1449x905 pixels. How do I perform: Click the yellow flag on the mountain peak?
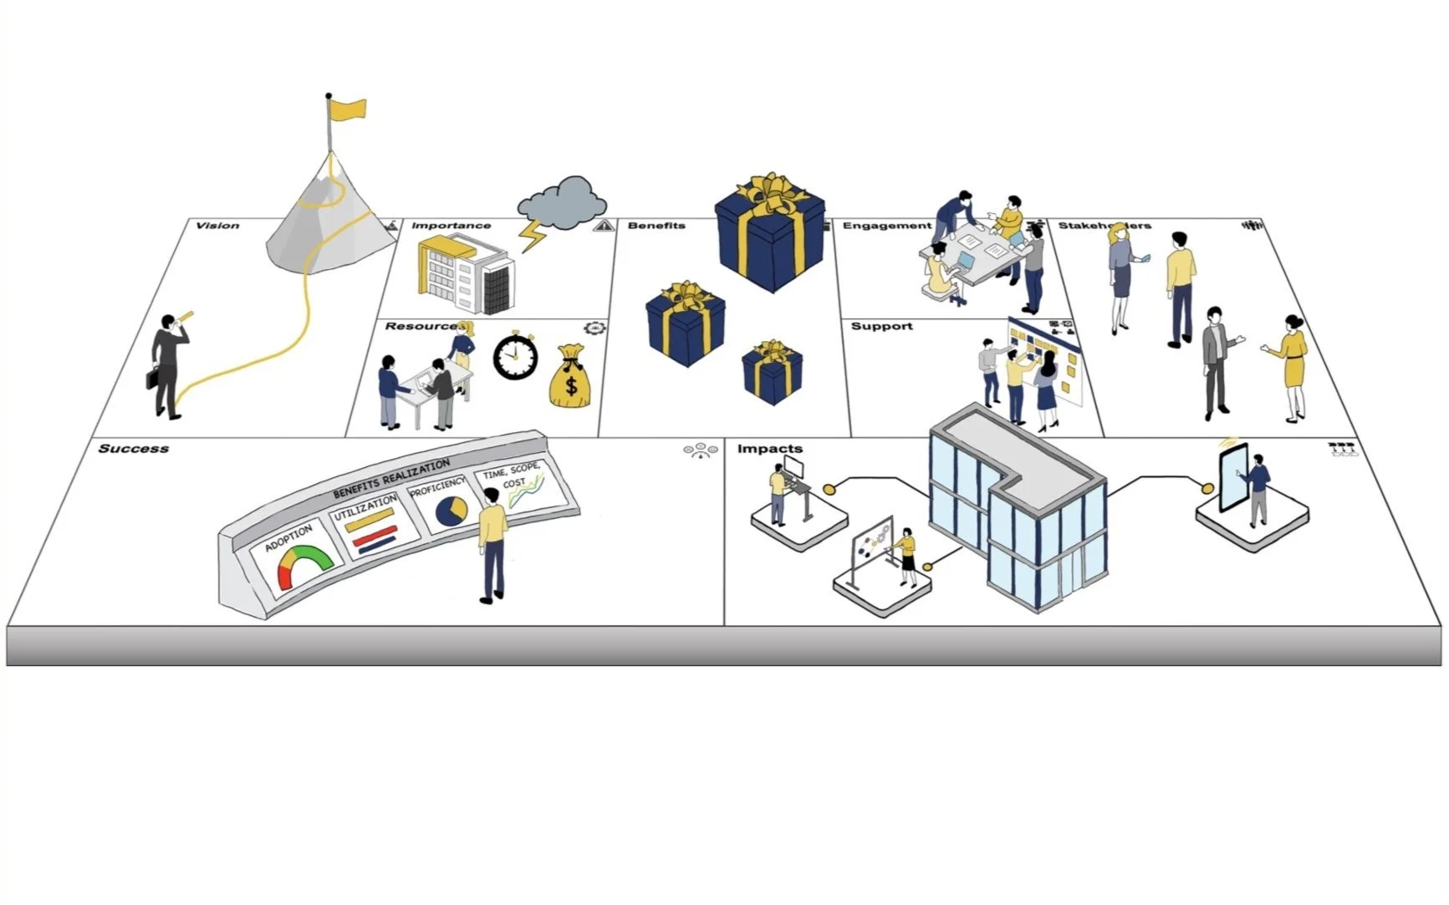(x=348, y=109)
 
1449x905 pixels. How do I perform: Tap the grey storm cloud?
(x=562, y=202)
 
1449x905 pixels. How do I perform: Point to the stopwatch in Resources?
(x=514, y=357)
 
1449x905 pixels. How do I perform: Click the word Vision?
(x=217, y=226)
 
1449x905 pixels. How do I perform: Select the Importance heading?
(x=451, y=226)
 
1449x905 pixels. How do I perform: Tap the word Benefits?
(x=656, y=226)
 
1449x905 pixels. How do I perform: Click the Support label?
(x=881, y=326)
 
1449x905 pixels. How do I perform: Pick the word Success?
(x=134, y=449)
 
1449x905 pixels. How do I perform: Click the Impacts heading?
(x=769, y=449)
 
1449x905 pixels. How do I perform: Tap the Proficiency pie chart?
(x=452, y=511)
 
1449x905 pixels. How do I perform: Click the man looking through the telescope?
(x=168, y=364)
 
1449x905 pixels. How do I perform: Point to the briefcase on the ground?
(x=151, y=378)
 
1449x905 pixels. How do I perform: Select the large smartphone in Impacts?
(x=1233, y=476)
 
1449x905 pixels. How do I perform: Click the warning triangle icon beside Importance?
(x=603, y=226)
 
